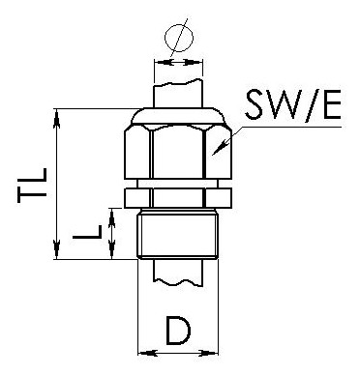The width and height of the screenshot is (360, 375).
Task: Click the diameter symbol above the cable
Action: pyautogui.click(x=178, y=38)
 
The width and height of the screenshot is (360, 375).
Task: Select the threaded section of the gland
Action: pyautogui.click(x=178, y=237)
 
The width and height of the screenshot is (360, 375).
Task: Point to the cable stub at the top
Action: pyautogui.click(x=178, y=93)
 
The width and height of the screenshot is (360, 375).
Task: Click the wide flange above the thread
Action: pyautogui.click(x=178, y=199)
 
